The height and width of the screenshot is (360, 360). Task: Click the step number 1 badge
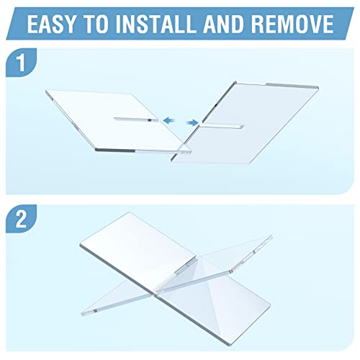(x=21, y=63)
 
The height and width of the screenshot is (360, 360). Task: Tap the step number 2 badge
(x=21, y=219)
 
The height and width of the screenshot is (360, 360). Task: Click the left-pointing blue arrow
(x=169, y=120)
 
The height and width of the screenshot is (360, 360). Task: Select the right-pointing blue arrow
(x=192, y=123)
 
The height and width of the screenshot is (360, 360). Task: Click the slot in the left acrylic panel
(x=136, y=120)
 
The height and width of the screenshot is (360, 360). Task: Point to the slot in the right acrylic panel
(x=222, y=125)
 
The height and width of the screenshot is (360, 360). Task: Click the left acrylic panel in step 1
(x=117, y=122)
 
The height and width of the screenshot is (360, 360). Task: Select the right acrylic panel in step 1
(x=245, y=123)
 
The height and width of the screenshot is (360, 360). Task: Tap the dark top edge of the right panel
(x=292, y=86)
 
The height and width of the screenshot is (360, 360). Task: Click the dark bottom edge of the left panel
(x=114, y=150)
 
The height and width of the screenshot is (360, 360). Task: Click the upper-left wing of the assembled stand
(x=138, y=250)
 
